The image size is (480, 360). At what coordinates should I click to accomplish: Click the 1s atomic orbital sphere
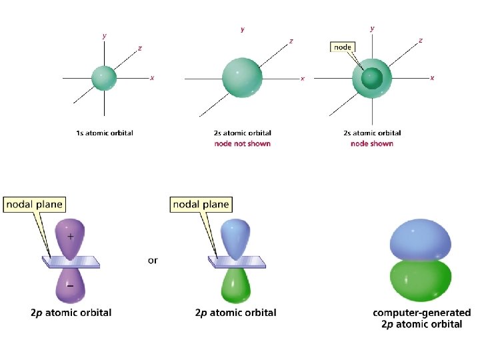coord(103,78)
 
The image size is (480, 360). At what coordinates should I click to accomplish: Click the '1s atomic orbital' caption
coord(104,133)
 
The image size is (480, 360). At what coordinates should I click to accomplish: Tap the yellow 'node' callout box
coord(343,47)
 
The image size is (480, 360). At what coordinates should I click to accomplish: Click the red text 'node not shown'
coord(242,143)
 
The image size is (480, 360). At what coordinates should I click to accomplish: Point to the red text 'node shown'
coord(371,143)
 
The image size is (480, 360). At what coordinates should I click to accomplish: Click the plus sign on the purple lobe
coord(71,236)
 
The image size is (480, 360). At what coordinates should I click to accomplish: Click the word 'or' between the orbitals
coord(153,260)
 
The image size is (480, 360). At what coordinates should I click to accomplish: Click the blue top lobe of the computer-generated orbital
coord(420,237)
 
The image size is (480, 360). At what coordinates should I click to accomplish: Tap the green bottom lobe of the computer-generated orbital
coord(420,280)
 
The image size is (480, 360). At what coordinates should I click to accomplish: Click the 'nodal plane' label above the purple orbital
coord(33,204)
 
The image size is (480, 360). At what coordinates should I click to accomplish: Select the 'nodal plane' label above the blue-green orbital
coord(200,204)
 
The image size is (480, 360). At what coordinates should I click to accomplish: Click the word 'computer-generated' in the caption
coord(421,313)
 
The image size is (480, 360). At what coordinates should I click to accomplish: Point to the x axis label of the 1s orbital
coord(152,78)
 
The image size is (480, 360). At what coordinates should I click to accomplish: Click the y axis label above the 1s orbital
coord(104,35)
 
